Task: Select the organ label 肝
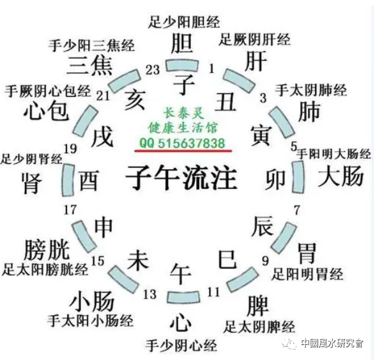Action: pyautogui.click(x=254, y=62)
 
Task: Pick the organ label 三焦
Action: pyautogui.click(x=90, y=66)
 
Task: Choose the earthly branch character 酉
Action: pyautogui.click(x=89, y=181)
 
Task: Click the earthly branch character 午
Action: pyautogui.click(x=181, y=274)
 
